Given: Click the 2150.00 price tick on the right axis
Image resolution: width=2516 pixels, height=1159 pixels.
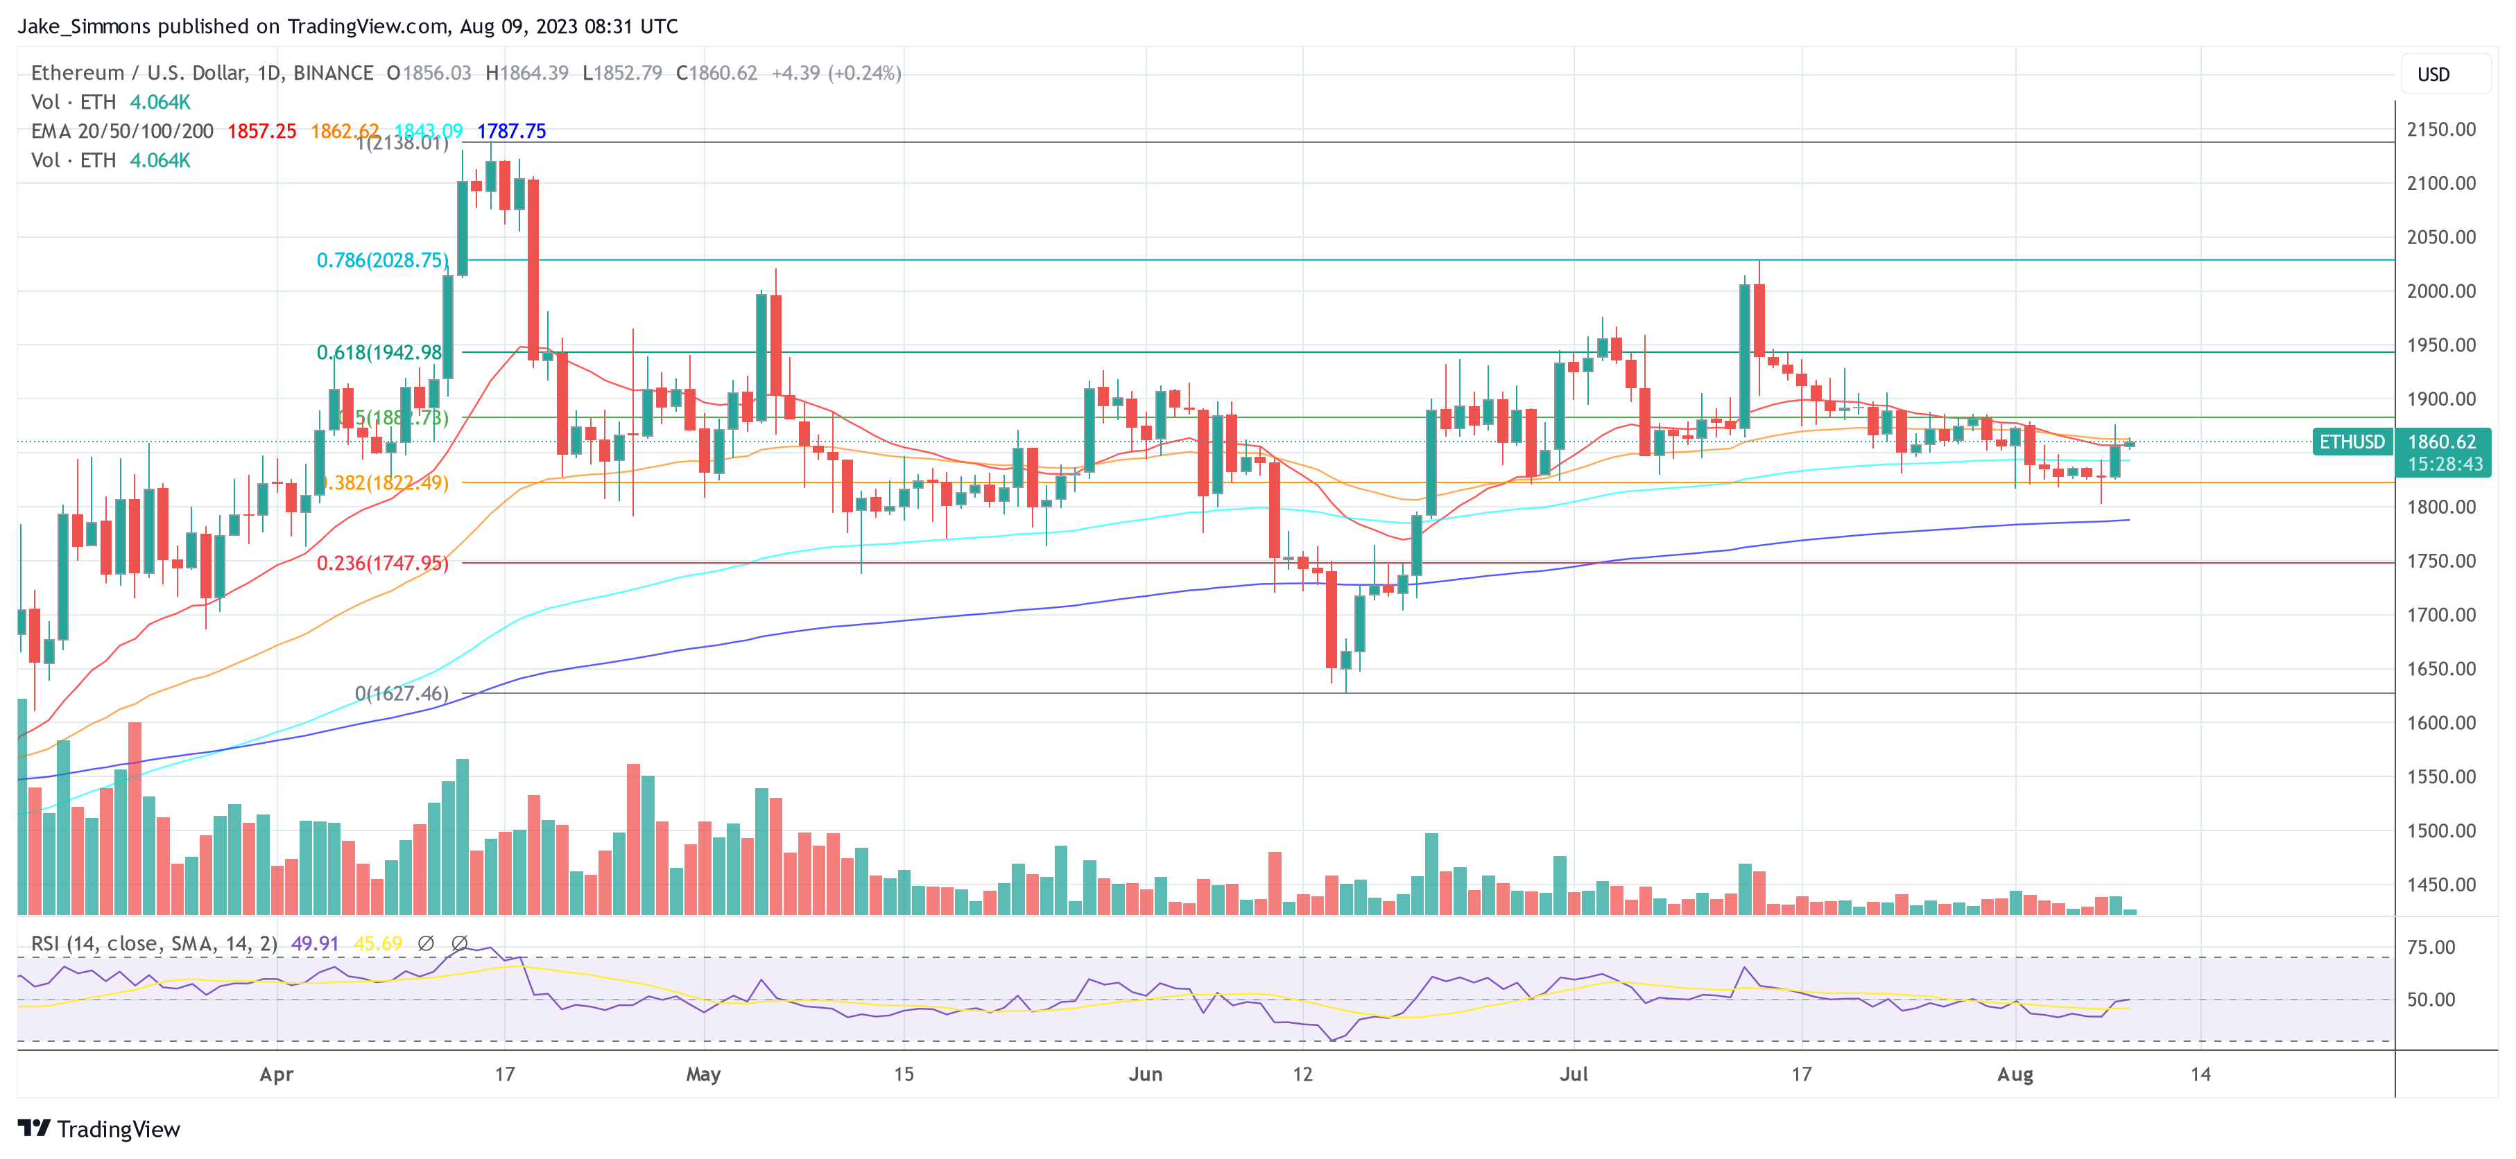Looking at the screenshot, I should [2440, 129].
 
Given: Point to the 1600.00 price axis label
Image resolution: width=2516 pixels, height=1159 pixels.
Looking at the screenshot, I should [2440, 722].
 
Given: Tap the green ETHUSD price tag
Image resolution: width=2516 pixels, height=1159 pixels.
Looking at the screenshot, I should [2352, 442].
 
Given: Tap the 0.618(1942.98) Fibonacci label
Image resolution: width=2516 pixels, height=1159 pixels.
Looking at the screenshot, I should [379, 351].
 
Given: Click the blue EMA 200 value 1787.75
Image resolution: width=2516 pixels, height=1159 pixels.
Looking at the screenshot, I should [511, 131].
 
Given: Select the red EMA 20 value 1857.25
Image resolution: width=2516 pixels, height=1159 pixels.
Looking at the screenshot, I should [261, 131].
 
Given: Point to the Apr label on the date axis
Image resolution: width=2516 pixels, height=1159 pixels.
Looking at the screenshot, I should [277, 1074].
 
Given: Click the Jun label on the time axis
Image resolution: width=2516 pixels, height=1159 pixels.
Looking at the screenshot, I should [1145, 1074].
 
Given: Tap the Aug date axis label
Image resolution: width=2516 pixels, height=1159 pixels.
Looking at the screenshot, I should [2014, 1074].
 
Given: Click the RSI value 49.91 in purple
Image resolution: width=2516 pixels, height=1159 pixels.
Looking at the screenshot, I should [315, 943].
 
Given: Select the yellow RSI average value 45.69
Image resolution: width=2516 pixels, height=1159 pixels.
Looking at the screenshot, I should [377, 943].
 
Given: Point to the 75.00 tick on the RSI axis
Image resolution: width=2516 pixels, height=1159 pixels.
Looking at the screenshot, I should [2431, 946].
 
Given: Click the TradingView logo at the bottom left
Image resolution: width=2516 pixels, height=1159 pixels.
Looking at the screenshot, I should [100, 1128].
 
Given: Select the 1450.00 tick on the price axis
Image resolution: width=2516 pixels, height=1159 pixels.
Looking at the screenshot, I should [2440, 885].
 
